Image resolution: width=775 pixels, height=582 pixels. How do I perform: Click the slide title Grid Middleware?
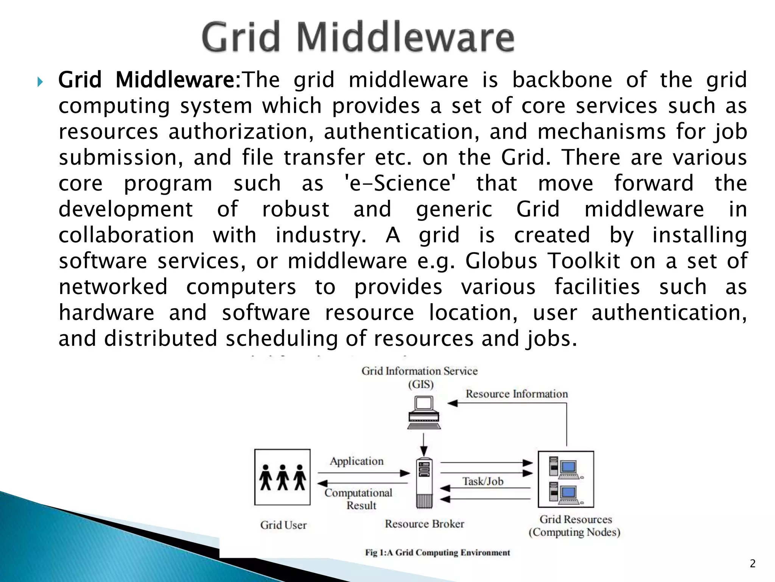358,37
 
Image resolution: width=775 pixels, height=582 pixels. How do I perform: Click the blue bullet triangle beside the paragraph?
40,81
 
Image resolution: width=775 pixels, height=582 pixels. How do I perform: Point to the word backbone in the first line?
562,80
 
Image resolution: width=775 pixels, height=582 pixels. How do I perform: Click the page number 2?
752,564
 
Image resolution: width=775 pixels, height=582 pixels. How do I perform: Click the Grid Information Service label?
420,371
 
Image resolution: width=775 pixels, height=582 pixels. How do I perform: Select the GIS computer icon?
424,412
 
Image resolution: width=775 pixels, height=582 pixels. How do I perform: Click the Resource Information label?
517,394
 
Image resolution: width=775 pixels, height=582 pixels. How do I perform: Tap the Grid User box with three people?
282,477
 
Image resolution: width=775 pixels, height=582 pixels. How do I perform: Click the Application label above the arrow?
356,461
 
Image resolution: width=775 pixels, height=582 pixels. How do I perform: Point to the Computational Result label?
358,499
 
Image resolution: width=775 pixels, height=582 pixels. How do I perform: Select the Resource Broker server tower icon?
424,483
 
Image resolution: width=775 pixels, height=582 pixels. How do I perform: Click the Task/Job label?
483,481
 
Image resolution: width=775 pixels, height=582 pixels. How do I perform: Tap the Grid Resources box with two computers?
566,479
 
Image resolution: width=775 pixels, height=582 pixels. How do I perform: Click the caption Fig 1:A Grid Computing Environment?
437,552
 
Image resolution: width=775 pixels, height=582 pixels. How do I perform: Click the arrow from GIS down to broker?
424,445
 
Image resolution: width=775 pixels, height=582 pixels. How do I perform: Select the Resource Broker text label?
424,524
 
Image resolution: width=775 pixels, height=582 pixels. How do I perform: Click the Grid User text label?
283,525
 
